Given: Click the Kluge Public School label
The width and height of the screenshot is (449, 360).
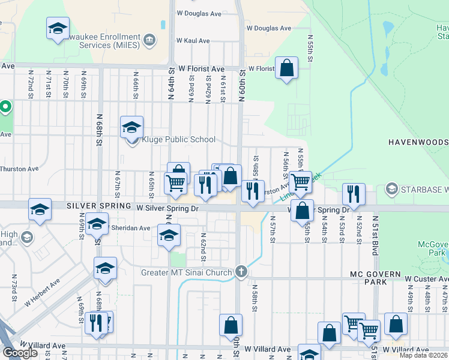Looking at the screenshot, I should pyautogui.click(x=178, y=140).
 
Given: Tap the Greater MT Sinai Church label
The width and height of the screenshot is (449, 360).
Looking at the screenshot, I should pyautogui.click(x=186, y=273).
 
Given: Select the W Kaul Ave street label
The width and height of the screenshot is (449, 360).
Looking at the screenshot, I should pyautogui.click(x=193, y=41).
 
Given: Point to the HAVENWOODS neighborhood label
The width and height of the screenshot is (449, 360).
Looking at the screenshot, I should pyautogui.click(x=418, y=142).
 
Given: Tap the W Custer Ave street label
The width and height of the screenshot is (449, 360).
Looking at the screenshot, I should pyautogui.click(x=426, y=280).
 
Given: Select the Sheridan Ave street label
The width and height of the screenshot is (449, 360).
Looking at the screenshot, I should pyautogui.click(x=130, y=228).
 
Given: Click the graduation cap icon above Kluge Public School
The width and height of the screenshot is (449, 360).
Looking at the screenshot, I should pyautogui.click(x=131, y=127).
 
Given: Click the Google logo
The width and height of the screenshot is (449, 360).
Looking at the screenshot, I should pyautogui.click(x=20, y=353).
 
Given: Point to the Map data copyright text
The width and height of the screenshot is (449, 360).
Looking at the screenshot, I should pyautogui.click(x=424, y=355).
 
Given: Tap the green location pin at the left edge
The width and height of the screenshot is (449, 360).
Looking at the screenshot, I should pyautogui.click(x=5, y=108).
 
